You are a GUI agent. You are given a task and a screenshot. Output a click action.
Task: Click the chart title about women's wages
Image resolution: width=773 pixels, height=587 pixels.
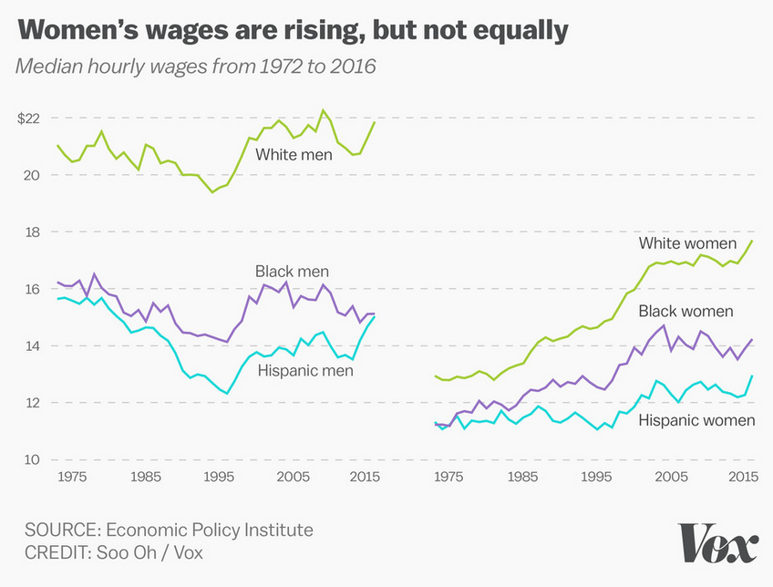click(293, 31)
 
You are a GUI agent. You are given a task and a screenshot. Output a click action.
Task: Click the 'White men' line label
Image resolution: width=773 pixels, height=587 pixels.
click(294, 155)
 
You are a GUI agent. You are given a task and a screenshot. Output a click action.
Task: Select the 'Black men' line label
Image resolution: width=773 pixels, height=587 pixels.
click(292, 271)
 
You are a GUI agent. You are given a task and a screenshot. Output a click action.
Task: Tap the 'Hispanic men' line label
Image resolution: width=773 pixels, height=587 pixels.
click(304, 370)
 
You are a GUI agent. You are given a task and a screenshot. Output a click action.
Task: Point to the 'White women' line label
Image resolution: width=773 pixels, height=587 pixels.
click(687, 243)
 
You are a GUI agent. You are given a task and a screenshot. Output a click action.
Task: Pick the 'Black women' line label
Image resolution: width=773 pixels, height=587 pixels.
click(685, 312)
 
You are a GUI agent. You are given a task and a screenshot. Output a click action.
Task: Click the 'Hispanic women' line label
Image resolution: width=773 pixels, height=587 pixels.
click(696, 420)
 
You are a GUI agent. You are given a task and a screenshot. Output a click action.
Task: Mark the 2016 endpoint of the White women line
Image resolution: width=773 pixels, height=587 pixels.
click(752, 241)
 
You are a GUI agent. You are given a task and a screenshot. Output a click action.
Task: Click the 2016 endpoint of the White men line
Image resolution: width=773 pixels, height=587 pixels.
click(375, 122)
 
